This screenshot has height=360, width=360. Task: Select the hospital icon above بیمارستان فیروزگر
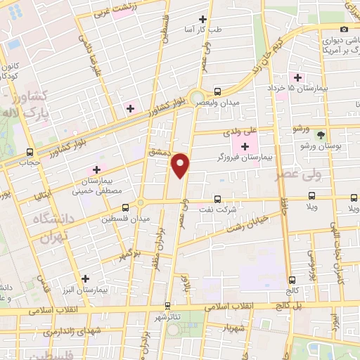pyautogui.click(x=245, y=146)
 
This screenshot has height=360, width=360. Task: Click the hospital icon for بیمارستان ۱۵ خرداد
pyautogui.click(x=297, y=77)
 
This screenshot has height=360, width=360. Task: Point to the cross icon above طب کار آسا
pyautogui.click(x=203, y=19)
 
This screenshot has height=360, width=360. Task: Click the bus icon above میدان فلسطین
pyautogui.click(x=125, y=207)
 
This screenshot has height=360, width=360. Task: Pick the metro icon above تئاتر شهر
pyautogui.click(x=167, y=306)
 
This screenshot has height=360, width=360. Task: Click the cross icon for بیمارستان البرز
pyautogui.click(x=86, y=278)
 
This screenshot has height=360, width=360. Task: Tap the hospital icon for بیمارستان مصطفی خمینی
pyautogui.click(x=96, y=169)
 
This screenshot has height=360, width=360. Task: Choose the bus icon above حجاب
pyautogui.click(x=30, y=151)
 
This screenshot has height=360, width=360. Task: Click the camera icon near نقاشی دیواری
pyautogui.click(x=344, y=29)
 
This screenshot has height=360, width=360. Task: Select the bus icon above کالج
pyautogui.click(x=291, y=279)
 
